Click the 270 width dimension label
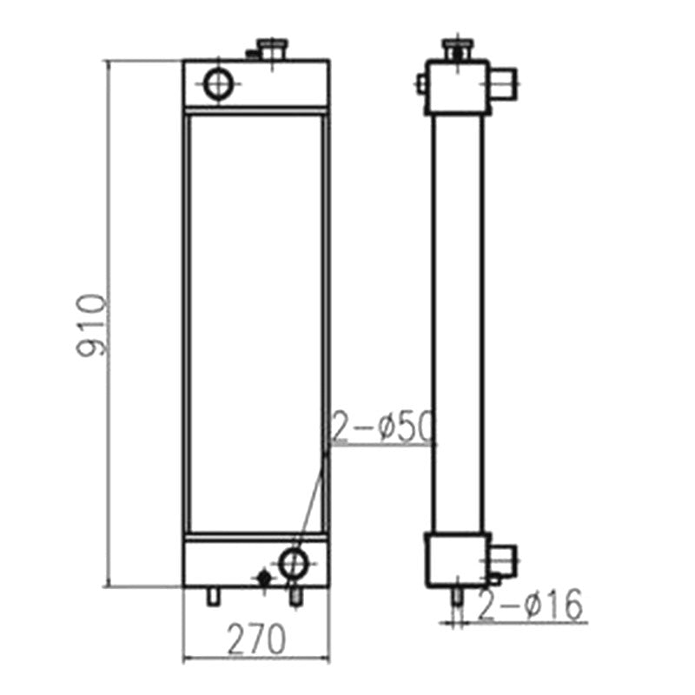pyautogui.click(x=256, y=639)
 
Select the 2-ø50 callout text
pyautogui.click(x=382, y=427)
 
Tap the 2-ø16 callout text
pyautogui.click(x=530, y=604)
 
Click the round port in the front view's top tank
pyautogui.click(x=218, y=83)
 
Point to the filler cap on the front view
pyautogui.click(x=274, y=50)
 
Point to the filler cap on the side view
pyautogui.click(x=458, y=50)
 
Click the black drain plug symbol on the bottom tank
pyautogui.click(x=264, y=578)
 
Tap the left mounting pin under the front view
pyautogui.click(x=214, y=596)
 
